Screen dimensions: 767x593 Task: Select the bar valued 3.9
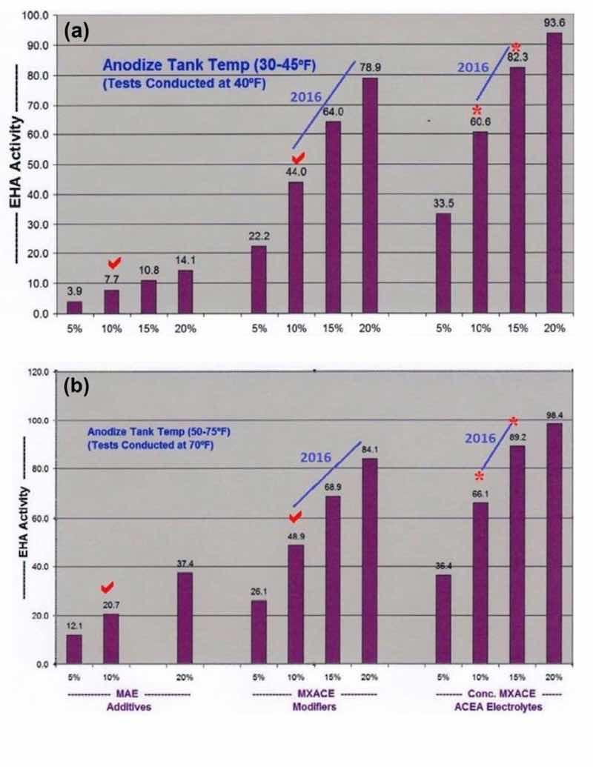(74, 307)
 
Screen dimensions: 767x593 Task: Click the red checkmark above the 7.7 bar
(114, 264)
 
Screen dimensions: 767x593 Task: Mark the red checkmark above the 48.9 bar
(296, 517)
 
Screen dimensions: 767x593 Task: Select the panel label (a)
(78, 31)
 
